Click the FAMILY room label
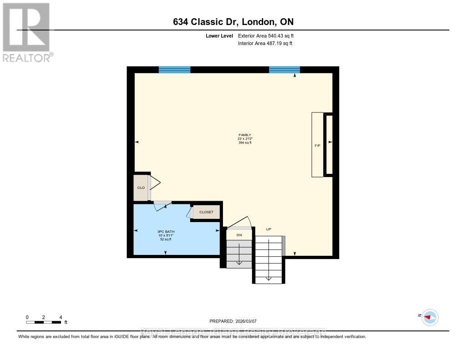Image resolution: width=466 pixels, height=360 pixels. [245, 135]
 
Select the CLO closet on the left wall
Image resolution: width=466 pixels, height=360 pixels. [141, 187]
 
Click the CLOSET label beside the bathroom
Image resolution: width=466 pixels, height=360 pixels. [207, 212]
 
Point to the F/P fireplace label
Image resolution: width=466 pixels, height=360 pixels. [317, 146]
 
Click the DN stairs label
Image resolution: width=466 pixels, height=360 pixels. [239, 235]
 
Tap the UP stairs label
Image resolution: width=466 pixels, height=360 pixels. [268, 229]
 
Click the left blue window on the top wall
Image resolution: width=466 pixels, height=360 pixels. [174, 70]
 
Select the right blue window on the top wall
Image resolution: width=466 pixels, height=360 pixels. [284, 70]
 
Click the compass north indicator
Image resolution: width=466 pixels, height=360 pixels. [429, 317]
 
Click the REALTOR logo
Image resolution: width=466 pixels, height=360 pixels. [26, 32]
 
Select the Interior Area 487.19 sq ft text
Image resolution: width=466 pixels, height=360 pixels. [265, 44]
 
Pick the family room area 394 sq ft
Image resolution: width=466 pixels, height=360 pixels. [245, 143]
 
